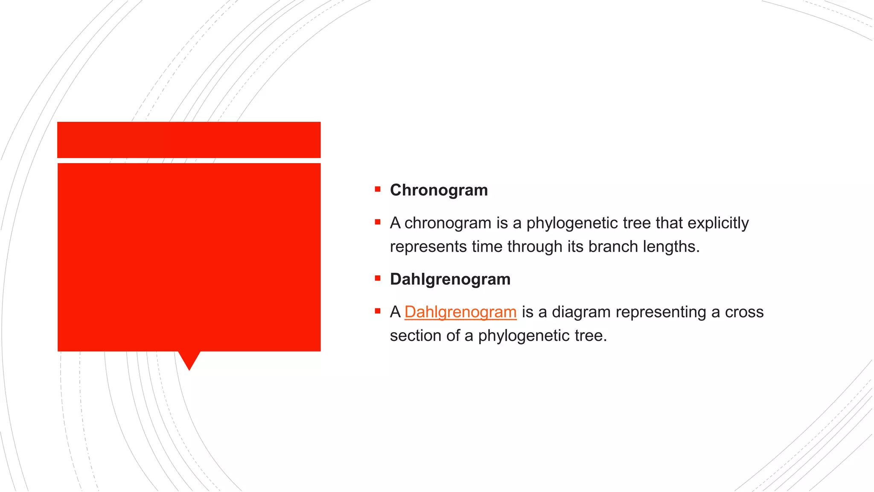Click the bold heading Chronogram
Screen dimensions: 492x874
[x=439, y=190]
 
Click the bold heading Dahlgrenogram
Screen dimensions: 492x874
[x=450, y=279]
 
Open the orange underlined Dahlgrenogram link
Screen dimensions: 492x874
[x=460, y=312]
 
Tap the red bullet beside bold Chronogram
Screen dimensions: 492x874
[x=378, y=189]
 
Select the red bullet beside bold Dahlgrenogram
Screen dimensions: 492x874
[x=378, y=278]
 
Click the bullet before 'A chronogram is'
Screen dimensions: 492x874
[x=378, y=222]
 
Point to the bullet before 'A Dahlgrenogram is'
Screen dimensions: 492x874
[x=378, y=311]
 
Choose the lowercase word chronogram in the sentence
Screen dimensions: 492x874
[x=448, y=223]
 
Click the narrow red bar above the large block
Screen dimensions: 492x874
[x=189, y=140]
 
